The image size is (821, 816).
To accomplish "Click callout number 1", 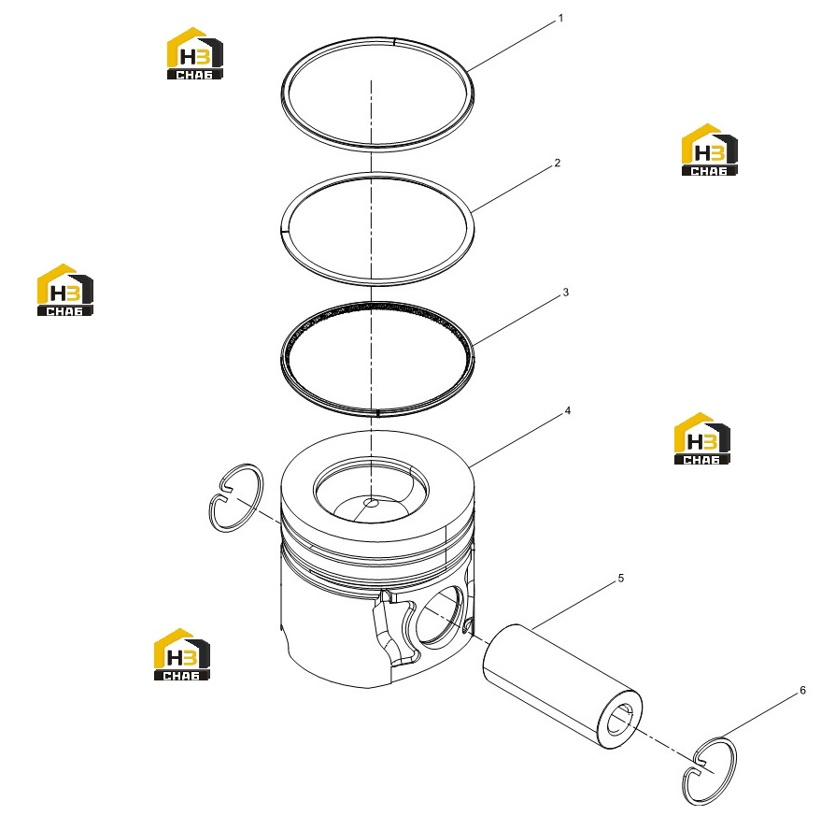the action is pos(560,19).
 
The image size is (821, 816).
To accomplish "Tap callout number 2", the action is pos(557,163).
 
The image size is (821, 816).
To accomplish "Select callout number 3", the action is pos(565,293).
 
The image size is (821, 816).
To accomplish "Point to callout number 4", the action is pos(568,411).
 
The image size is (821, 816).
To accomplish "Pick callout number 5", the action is pos(621,578).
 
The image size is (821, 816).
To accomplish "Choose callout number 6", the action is pos(802,691).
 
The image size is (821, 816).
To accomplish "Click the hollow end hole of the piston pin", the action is pos(621,720).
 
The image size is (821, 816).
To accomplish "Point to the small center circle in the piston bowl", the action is pos(371,503).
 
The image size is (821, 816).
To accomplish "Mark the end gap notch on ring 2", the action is pos(283,229).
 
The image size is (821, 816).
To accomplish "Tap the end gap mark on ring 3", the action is pos(377,413).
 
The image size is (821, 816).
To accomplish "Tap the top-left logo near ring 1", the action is pos(195,53).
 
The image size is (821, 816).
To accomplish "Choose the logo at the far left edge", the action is pos(65,290).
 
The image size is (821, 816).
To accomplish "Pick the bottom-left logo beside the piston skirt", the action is pos(182,654).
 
